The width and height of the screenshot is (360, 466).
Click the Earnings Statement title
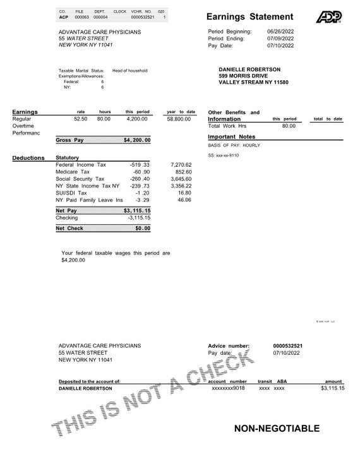click(x=249, y=17)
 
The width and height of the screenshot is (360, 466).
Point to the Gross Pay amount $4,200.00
click(x=137, y=140)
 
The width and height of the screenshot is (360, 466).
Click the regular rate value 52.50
click(x=80, y=119)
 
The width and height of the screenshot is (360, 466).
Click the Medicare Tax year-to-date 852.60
click(x=183, y=172)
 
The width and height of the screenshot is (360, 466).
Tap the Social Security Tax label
click(x=80, y=179)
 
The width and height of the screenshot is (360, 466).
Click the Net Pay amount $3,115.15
click(x=137, y=210)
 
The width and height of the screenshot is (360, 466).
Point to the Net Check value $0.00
click(x=142, y=228)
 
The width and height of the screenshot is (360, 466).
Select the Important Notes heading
click(x=231, y=136)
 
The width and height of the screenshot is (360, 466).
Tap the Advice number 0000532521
click(x=287, y=346)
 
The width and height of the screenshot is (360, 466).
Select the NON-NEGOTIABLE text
click(x=277, y=429)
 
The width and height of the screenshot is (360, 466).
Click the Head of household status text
click(x=129, y=71)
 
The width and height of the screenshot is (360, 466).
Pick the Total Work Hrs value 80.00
click(x=288, y=126)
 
